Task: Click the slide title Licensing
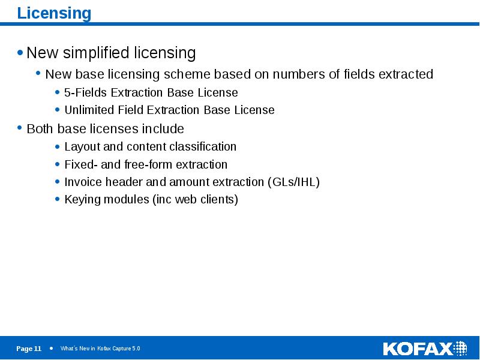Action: (54, 13)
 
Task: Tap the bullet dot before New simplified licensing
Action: (20, 53)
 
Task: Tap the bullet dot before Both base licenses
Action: (20, 128)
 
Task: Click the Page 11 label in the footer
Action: (29, 349)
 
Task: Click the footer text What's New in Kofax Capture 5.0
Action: (100, 349)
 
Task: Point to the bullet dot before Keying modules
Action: (57, 200)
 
